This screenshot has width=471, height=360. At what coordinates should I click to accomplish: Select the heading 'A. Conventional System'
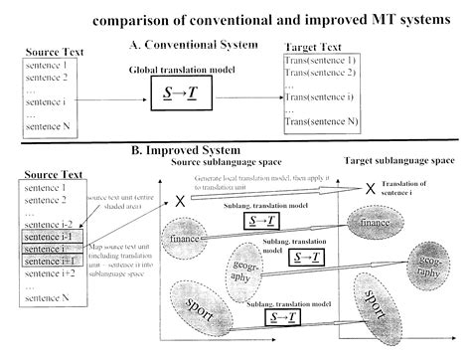(192, 46)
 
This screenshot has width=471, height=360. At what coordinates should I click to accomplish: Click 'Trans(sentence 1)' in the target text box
(320, 62)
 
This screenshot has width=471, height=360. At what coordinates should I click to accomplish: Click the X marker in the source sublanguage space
(181, 202)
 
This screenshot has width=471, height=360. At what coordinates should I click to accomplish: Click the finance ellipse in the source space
(187, 240)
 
